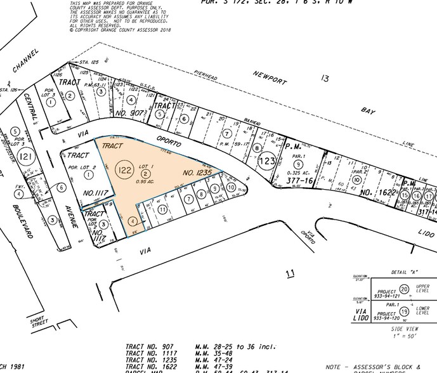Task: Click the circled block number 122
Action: (x=125, y=169)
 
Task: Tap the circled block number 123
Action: (x=268, y=161)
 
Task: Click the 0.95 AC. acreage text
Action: (x=145, y=182)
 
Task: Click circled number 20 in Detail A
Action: (x=404, y=289)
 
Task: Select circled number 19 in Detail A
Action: (x=404, y=311)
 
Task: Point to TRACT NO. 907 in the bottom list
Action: (x=147, y=346)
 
